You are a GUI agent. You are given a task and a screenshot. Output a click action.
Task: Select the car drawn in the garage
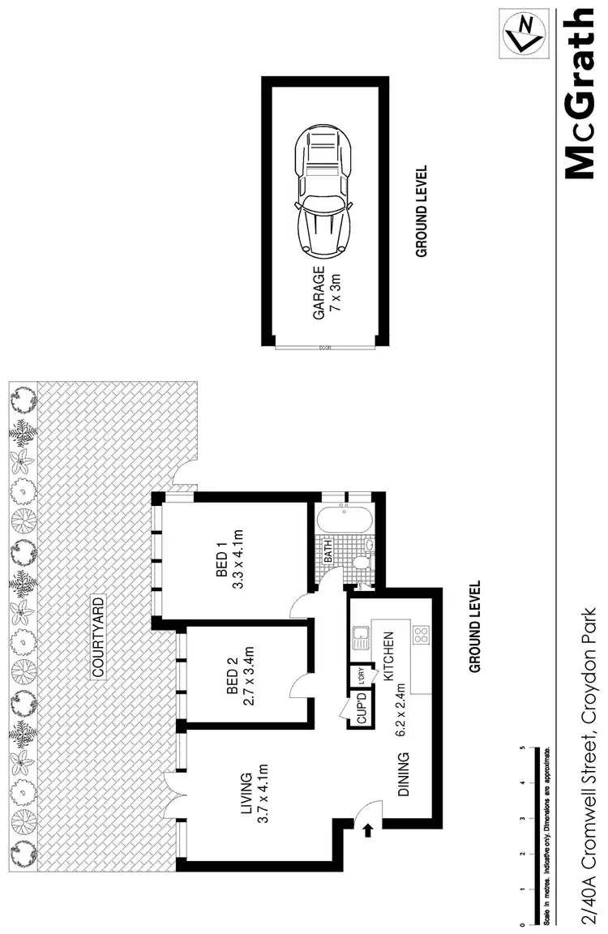tap(323, 191)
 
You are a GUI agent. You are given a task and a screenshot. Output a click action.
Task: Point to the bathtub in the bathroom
tap(345, 520)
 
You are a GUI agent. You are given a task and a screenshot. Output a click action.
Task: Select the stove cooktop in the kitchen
tap(421, 635)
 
